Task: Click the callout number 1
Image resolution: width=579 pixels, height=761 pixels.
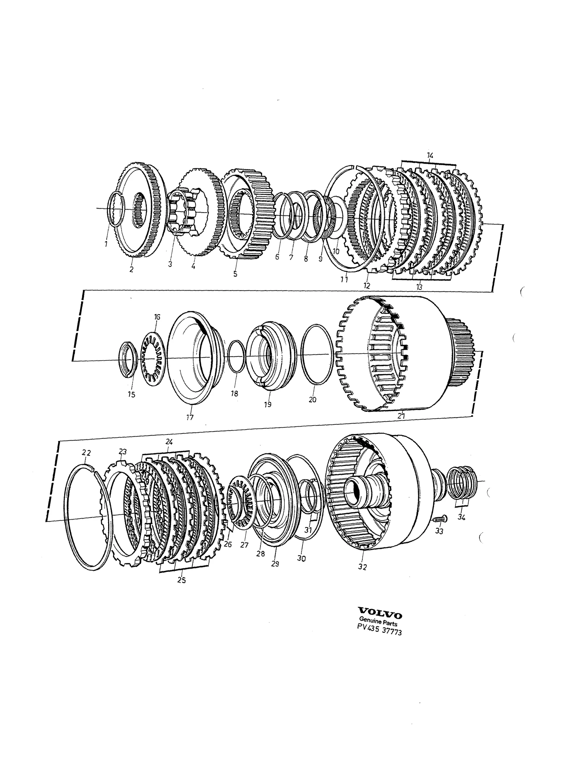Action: click(106, 244)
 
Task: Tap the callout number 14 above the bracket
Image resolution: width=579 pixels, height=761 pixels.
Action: click(430, 155)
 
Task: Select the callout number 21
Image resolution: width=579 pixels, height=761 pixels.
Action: click(401, 416)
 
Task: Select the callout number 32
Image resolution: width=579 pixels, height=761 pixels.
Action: click(362, 567)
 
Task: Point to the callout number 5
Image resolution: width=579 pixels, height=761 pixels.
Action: click(235, 274)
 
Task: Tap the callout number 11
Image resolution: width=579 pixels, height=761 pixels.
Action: click(344, 279)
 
